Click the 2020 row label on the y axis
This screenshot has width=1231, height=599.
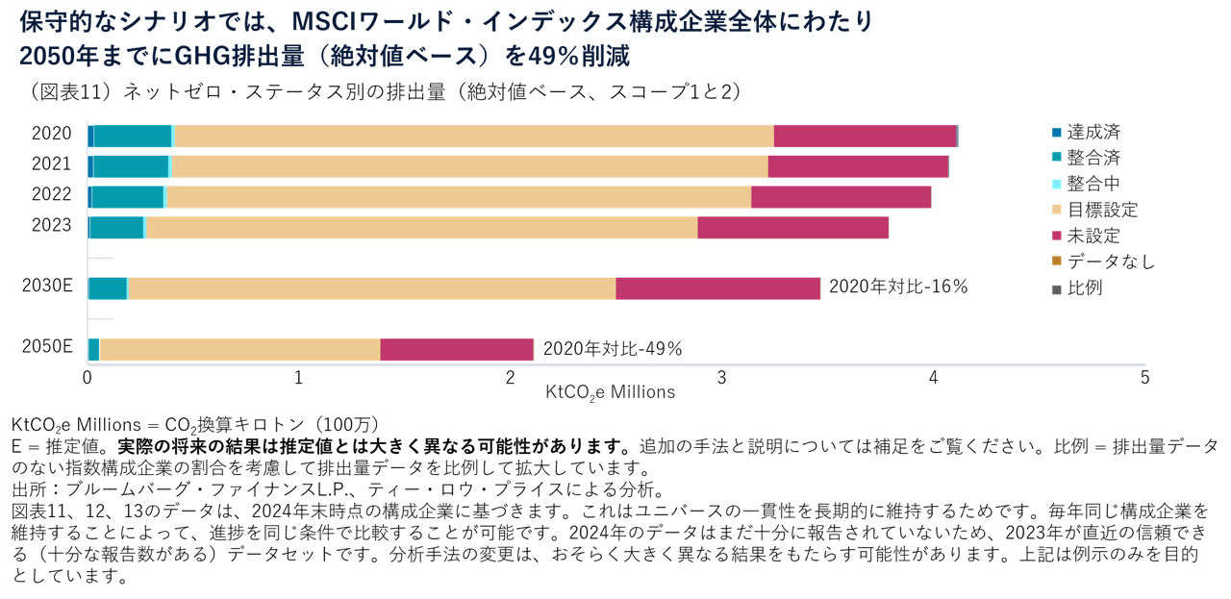click(51, 134)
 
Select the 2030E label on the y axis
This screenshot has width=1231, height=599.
click(47, 287)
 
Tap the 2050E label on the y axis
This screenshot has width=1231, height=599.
click(47, 347)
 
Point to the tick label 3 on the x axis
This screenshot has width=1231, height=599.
click(722, 378)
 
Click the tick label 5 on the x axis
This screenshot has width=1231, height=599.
click(1144, 378)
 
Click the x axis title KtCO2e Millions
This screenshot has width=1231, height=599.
click(610, 392)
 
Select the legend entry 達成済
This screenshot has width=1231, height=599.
click(1093, 132)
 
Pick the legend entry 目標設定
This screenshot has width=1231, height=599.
click(1102, 210)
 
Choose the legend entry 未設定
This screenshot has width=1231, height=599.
click(1093, 236)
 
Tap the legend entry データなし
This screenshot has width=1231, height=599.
click(1111, 262)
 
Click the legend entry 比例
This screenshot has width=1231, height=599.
click(1085, 287)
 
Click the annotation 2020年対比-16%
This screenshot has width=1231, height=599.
click(897, 287)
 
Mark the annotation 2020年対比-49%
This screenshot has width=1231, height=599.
click(613, 348)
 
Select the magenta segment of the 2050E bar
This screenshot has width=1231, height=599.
click(457, 349)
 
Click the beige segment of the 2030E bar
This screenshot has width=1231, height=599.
click(371, 288)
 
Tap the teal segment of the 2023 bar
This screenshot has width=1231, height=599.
click(116, 227)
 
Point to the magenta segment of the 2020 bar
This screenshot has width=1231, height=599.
click(865, 136)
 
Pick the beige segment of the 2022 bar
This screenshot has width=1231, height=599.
click(459, 197)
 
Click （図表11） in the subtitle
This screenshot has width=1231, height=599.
click(70, 91)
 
